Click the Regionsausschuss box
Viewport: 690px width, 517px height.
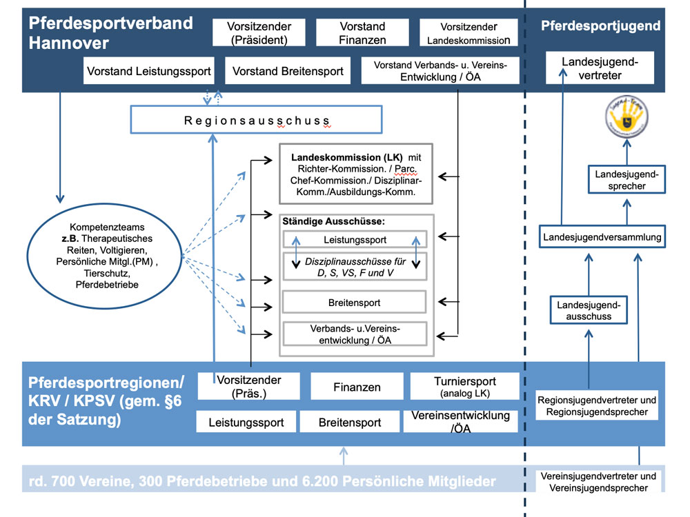[257, 121]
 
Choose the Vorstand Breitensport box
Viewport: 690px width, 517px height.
[288, 71]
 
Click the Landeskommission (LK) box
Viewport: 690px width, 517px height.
[356, 174]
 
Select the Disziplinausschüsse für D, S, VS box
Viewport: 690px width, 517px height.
[355, 266]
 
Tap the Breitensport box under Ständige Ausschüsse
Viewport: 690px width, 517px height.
[355, 302]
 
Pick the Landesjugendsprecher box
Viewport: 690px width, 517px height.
[627, 180]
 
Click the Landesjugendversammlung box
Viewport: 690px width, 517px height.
[602, 237]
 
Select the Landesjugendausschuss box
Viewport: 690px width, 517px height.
[589, 311]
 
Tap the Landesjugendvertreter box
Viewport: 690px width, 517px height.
[600, 68]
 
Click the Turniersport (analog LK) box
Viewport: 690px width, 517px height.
[464, 386]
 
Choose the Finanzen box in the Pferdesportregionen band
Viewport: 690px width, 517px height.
[357, 387]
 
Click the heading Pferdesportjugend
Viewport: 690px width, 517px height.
[600, 26]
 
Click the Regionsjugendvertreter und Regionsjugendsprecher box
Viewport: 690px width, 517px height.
[596, 406]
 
